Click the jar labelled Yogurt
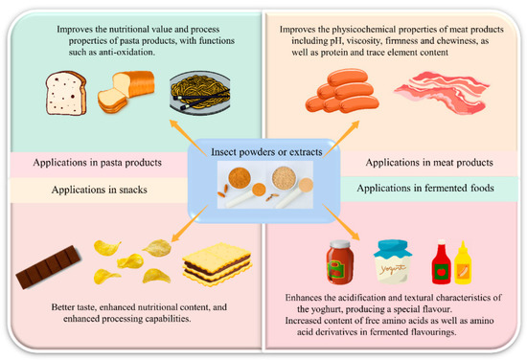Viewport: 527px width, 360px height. pos(393,257)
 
